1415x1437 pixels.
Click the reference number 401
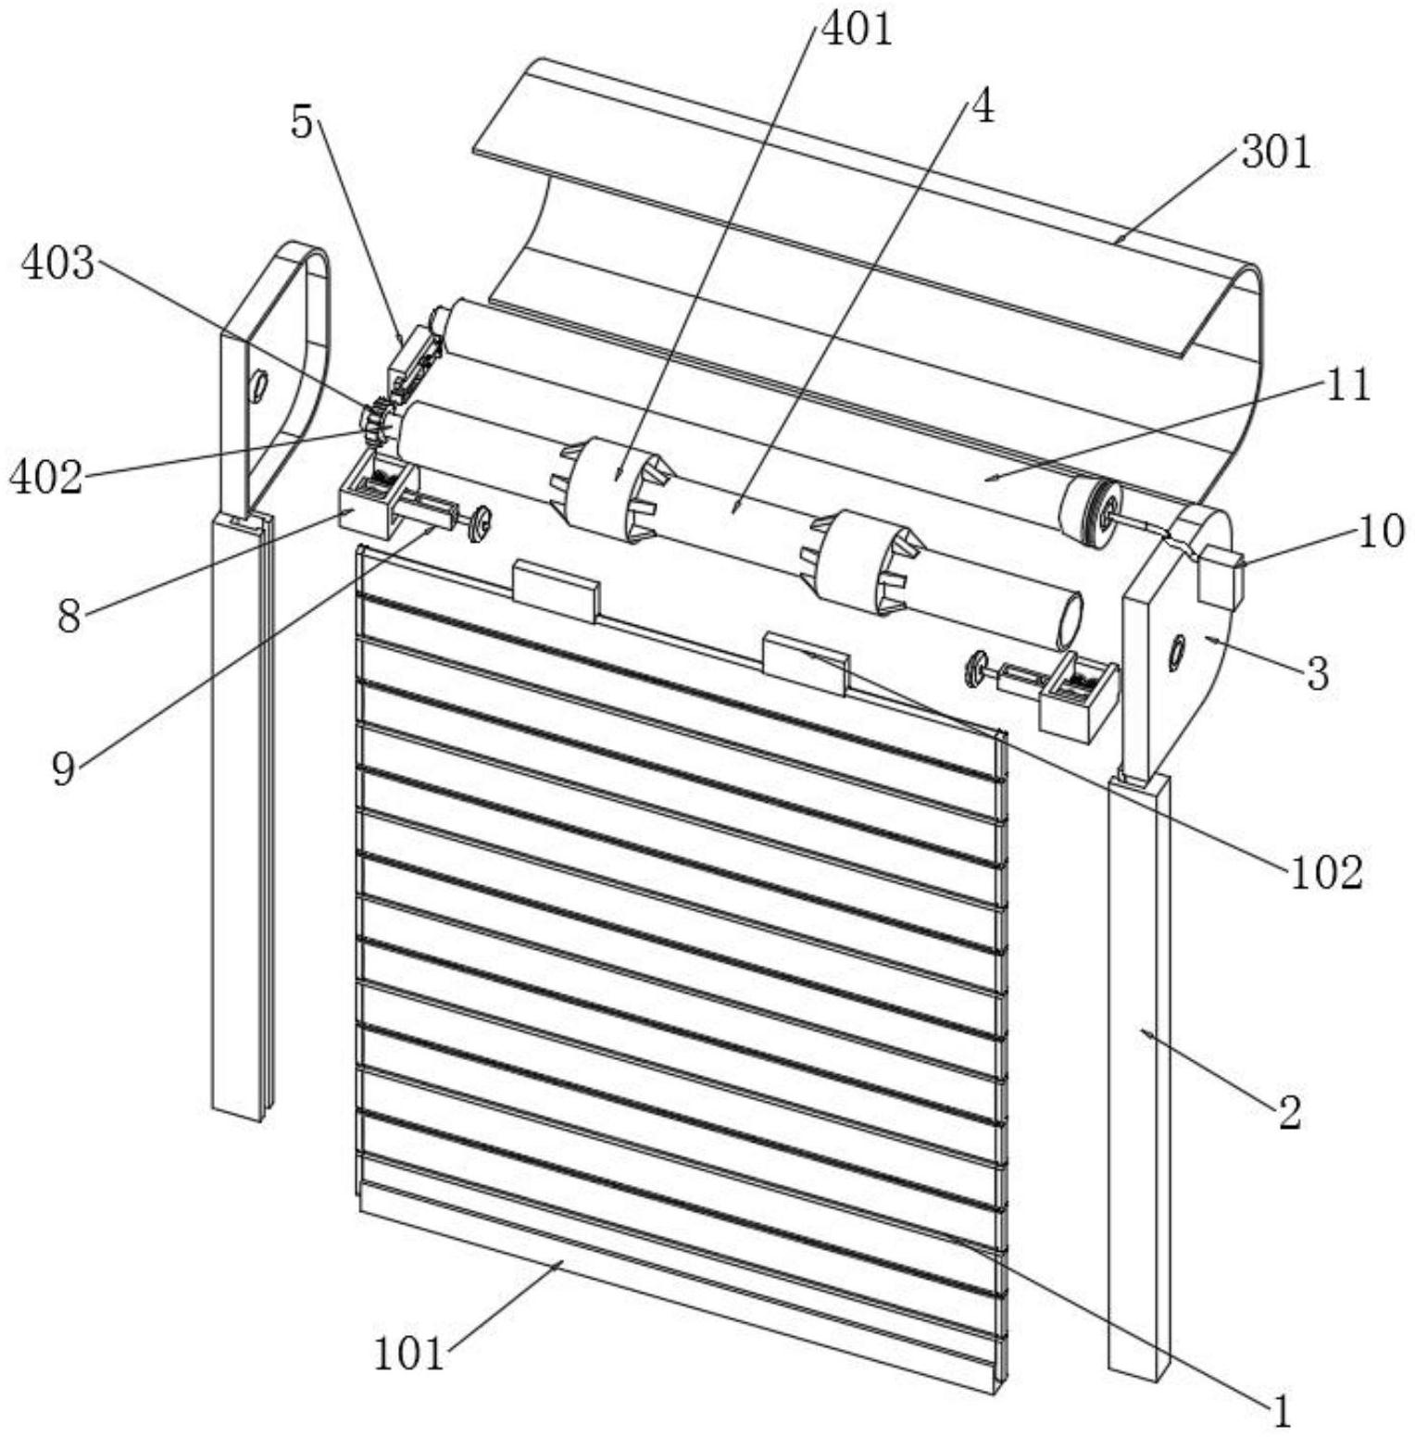click(857, 30)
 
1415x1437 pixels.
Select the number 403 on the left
click(58, 264)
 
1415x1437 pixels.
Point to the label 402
click(46, 478)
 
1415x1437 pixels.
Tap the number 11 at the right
click(1348, 385)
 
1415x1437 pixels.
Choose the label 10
click(1381, 531)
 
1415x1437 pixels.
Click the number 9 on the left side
click(63, 768)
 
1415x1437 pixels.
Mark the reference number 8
click(69, 616)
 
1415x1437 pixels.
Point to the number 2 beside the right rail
click(1289, 1112)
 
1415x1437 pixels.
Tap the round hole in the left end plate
click(258, 381)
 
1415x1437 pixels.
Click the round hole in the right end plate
click(1177, 651)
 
